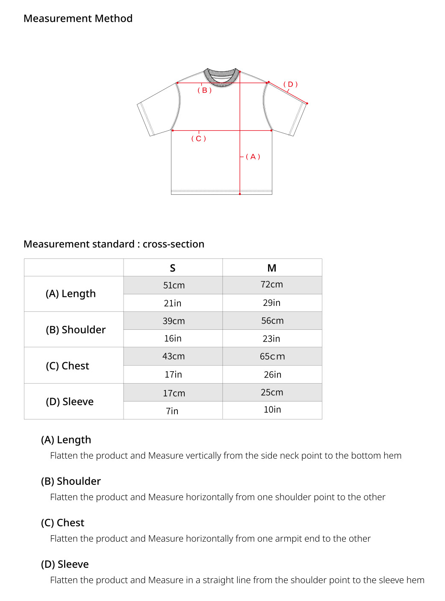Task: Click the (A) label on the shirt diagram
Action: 253,157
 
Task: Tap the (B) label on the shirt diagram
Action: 205,91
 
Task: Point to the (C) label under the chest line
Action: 199,139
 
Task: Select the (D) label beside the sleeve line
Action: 291,85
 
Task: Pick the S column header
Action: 173,268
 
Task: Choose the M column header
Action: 272,268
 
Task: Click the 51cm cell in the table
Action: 174,285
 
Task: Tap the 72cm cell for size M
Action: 272,284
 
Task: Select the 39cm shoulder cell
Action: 174,321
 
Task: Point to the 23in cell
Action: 271,339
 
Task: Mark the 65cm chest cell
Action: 272,356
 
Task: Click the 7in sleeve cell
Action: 172,411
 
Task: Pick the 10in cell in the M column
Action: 272,410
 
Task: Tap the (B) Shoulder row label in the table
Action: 76,330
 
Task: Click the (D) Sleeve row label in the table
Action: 70,402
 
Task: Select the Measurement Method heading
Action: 78,18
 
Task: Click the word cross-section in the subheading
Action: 174,244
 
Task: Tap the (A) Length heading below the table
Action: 66,440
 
